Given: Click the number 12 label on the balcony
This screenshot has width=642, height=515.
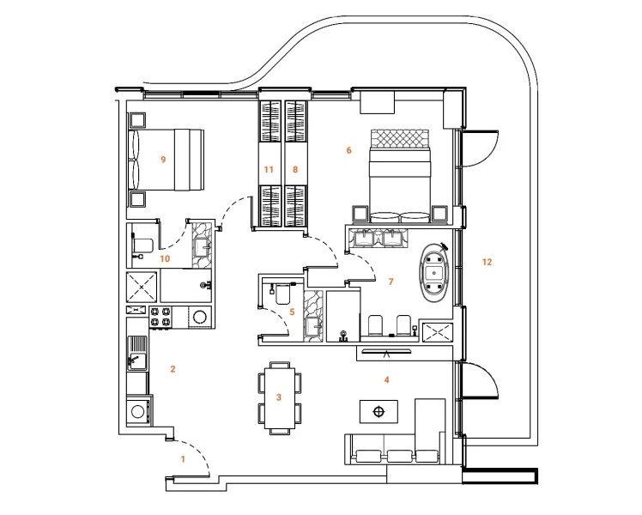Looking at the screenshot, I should [487, 261].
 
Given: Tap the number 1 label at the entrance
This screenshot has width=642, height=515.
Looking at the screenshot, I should [182, 460].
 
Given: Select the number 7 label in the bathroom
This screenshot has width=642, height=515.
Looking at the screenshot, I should [390, 282].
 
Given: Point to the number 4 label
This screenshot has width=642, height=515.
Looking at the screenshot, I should [386, 379].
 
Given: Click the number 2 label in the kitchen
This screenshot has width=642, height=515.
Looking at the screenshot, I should [173, 370].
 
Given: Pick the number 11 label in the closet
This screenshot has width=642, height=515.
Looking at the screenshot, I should [269, 170].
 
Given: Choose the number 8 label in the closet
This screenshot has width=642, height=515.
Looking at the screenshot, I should [295, 170].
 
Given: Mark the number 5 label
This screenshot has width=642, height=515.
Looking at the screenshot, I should [292, 312].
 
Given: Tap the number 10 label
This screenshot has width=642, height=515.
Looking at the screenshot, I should [165, 257].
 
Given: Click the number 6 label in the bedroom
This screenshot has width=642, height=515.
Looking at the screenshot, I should [348, 150].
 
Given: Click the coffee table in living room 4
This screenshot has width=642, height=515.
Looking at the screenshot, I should [378, 413].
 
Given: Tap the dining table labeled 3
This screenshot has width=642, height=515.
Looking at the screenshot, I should [278, 397].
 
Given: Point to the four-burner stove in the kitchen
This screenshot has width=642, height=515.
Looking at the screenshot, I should [160, 316].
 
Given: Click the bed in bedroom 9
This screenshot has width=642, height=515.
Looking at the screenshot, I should [167, 160].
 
